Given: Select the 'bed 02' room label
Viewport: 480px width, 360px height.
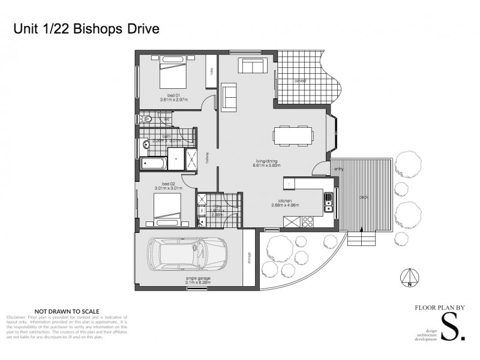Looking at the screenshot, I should (x=168, y=184).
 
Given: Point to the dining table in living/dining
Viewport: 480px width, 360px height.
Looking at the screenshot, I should (x=293, y=135).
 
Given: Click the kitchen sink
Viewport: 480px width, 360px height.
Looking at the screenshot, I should (x=328, y=206).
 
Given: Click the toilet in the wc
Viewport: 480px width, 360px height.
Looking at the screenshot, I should (x=146, y=119).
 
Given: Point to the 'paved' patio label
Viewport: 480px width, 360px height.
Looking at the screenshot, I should (x=300, y=80).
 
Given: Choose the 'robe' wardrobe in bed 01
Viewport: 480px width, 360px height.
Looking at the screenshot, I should (x=211, y=71).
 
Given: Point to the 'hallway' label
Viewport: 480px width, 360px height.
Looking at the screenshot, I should (x=207, y=157).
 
